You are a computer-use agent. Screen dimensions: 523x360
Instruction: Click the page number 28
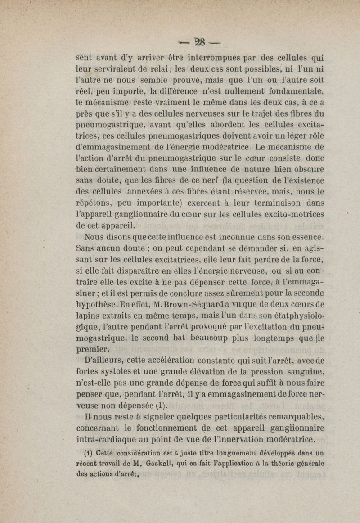point(199,42)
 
